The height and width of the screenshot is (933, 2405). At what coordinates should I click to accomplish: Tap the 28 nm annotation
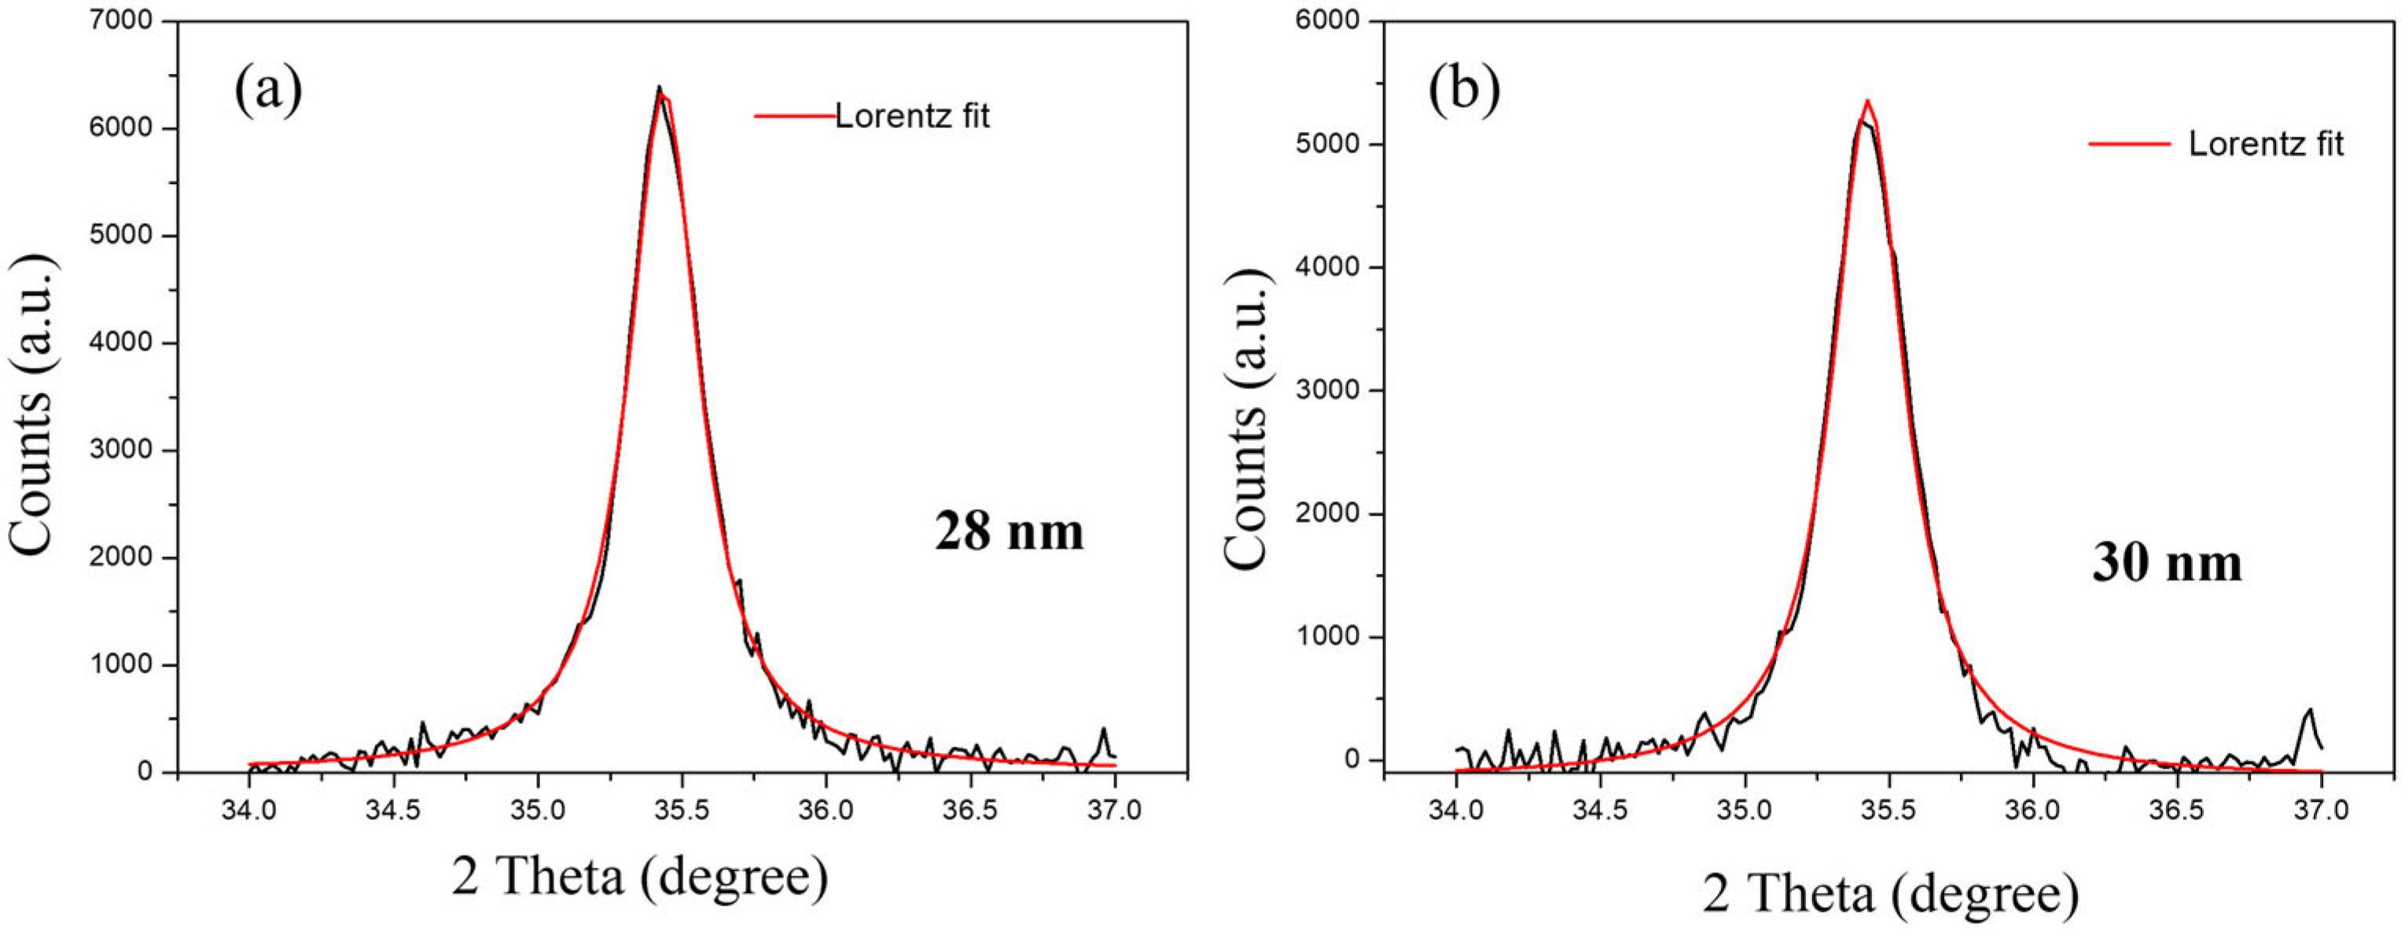1009,533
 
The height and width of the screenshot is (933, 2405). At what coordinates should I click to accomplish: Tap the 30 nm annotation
2166,564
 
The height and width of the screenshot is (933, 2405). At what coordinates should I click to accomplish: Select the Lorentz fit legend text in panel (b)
2266,144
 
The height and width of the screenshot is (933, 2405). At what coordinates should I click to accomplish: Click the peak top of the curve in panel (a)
659,89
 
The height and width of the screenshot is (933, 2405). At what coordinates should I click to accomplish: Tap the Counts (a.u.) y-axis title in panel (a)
34,406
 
